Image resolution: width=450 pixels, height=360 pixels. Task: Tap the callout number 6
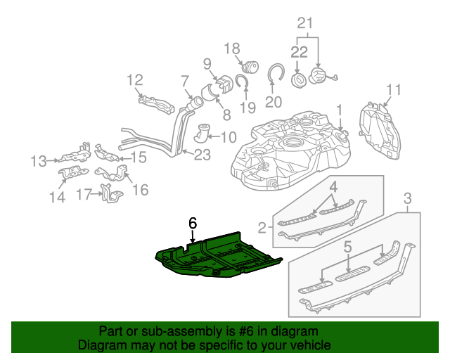193,223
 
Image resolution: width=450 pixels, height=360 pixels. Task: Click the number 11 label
393,89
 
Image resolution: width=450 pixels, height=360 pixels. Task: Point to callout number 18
232,49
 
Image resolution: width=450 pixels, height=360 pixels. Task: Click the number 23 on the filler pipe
202,155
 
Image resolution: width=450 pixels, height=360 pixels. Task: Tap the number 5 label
347,247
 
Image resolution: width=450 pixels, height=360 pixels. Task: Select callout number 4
335,187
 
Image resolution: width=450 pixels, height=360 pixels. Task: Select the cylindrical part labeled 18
250,67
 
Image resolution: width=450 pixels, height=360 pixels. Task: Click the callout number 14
56,198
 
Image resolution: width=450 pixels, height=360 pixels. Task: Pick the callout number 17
84,193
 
